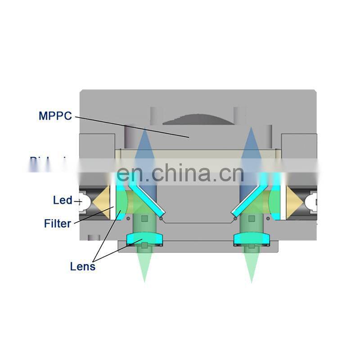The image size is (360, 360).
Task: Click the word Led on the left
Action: point(62,200)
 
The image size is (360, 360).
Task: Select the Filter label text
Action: point(58,223)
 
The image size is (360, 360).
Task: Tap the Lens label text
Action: point(83,266)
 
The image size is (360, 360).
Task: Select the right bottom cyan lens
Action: point(251,238)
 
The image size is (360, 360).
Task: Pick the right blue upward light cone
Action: point(250,148)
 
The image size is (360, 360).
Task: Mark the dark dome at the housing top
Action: point(198,118)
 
